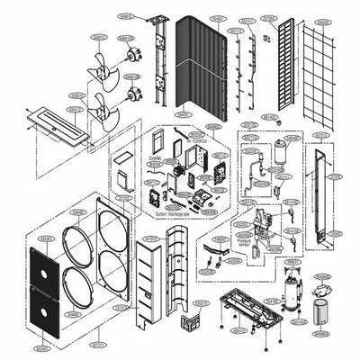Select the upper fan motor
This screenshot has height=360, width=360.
coord(132,54)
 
